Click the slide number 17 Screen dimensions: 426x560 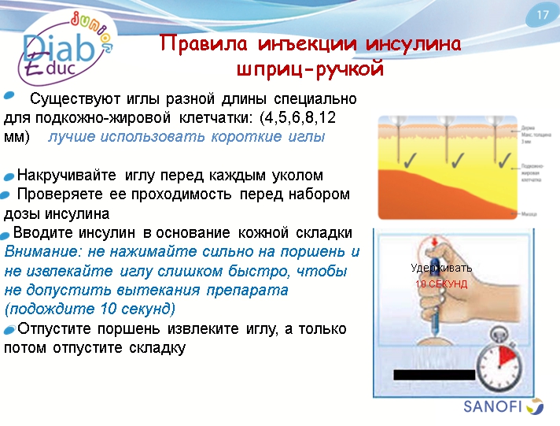pyautogui.click(x=542, y=15)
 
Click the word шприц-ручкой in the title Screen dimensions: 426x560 pyautogui.click(x=310, y=69)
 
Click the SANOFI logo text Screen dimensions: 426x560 pyautogui.click(x=492, y=407)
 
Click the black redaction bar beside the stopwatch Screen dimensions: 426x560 pyautogui.click(x=434, y=374)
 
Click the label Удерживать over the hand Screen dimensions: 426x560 pyautogui.click(x=440, y=268)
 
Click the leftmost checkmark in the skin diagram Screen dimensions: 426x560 pyautogui.click(x=409, y=161)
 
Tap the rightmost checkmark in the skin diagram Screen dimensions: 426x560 pyautogui.click(x=499, y=161)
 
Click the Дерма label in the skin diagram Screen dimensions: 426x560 pyautogui.click(x=527, y=127)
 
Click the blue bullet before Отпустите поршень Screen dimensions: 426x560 pyautogui.click(x=9, y=328)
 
